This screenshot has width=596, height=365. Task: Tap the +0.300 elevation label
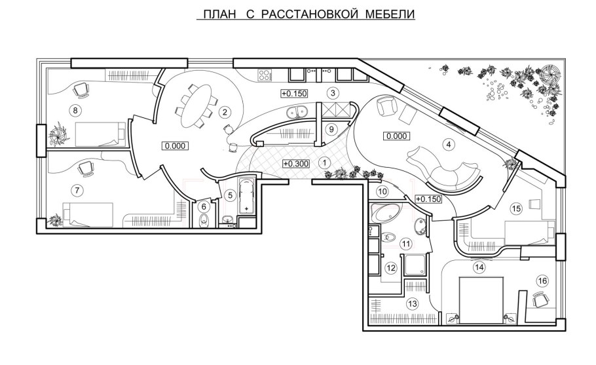point(295,163)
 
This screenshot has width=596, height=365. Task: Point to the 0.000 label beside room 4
point(397,136)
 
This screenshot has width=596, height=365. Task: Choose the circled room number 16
point(542,280)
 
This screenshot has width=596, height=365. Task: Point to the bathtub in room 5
point(247,195)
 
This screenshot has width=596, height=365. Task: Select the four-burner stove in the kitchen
point(265,75)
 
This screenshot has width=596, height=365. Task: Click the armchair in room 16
point(541,300)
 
